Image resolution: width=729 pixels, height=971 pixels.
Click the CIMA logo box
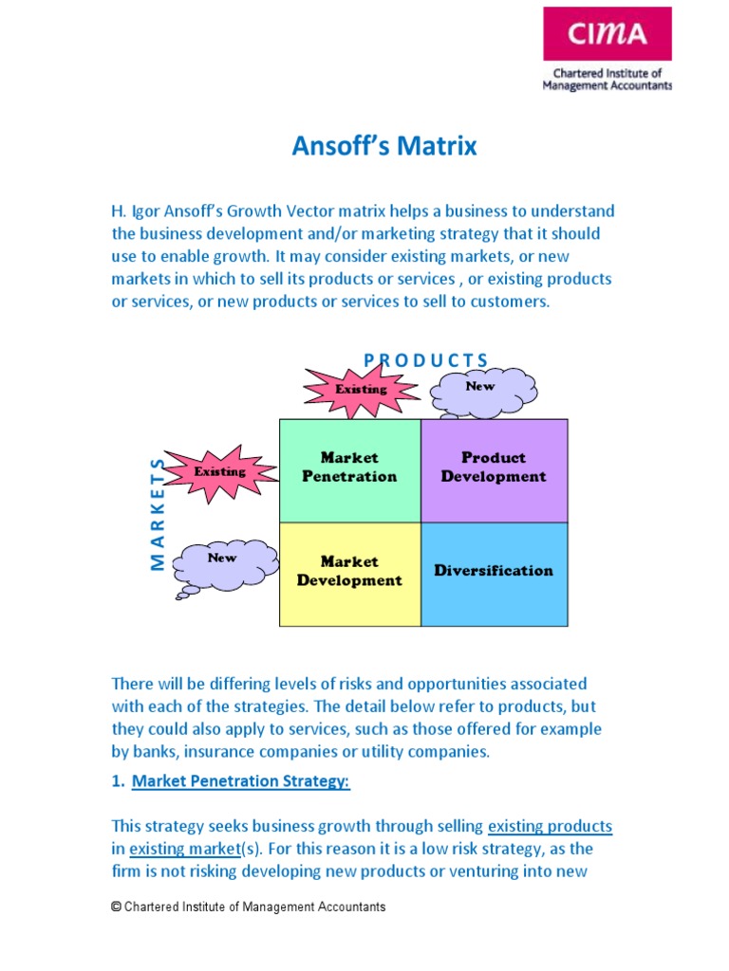(607, 34)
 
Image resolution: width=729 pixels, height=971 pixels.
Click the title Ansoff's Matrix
(383, 147)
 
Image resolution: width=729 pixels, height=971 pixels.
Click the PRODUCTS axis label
(427, 360)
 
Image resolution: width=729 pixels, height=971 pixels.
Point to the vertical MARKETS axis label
(158, 513)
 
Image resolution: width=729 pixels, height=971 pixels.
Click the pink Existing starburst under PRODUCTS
(361, 389)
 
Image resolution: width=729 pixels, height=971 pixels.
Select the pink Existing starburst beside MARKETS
(220, 471)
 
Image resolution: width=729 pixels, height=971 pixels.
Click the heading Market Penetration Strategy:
(241, 781)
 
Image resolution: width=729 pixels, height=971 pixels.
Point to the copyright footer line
(249, 907)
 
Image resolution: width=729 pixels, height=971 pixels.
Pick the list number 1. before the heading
(118, 781)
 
